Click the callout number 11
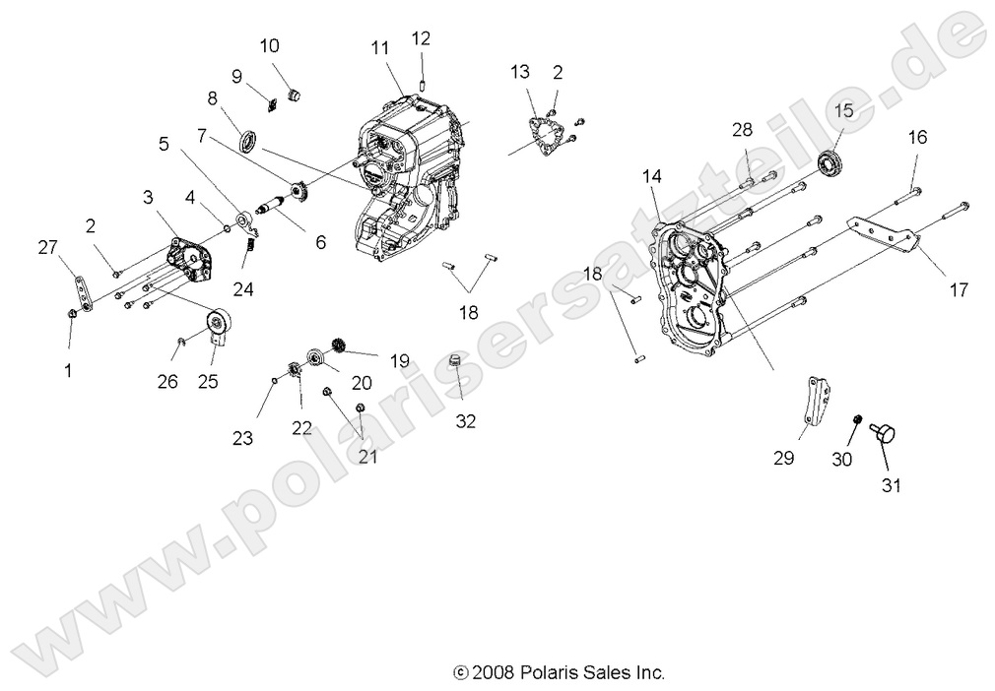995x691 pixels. tap(381, 47)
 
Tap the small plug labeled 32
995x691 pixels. tap(456, 362)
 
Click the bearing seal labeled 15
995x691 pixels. tap(832, 164)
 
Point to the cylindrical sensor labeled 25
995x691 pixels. tap(217, 326)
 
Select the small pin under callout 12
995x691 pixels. tap(422, 82)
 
